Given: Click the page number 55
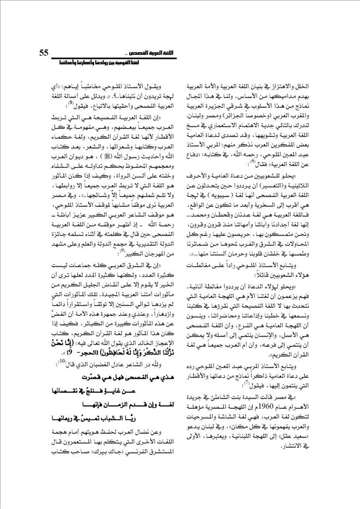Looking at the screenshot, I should pyautogui.click(x=45, y=52).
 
